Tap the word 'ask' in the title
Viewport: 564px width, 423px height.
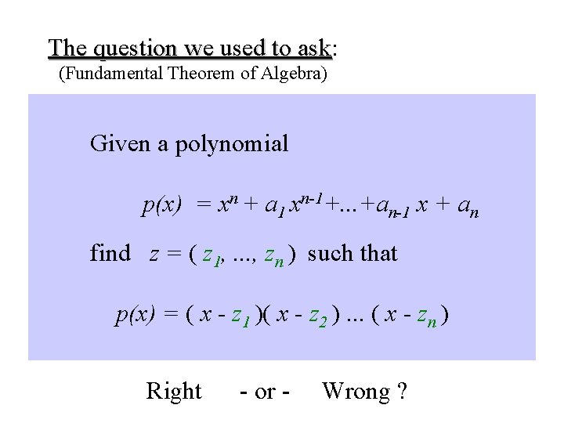click(314, 49)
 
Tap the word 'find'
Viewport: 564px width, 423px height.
click(110, 254)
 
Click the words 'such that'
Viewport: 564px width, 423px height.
click(352, 254)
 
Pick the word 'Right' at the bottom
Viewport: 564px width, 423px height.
click(174, 391)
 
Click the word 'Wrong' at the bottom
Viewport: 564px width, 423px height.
click(355, 391)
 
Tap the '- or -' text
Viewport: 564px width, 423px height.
click(265, 392)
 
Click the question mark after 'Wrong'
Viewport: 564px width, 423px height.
click(402, 391)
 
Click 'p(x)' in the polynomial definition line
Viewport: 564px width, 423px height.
click(161, 207)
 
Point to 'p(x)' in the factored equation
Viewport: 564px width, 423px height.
click(136, 316)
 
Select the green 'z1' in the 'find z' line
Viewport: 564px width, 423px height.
click(211, 255)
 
